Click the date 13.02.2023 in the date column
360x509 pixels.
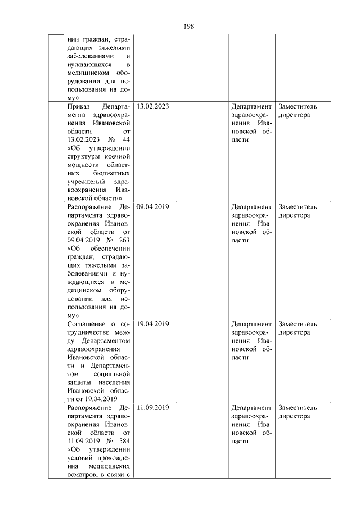(153, 106)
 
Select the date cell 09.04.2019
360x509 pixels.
(153, 206)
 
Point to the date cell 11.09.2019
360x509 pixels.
(153, 407)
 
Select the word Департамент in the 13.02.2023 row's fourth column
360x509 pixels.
(251, 106)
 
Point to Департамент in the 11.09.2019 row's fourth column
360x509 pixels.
(251, 407)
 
